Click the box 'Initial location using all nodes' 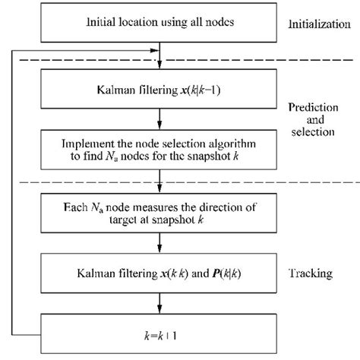pyautogui.click(x=159, y=23)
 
